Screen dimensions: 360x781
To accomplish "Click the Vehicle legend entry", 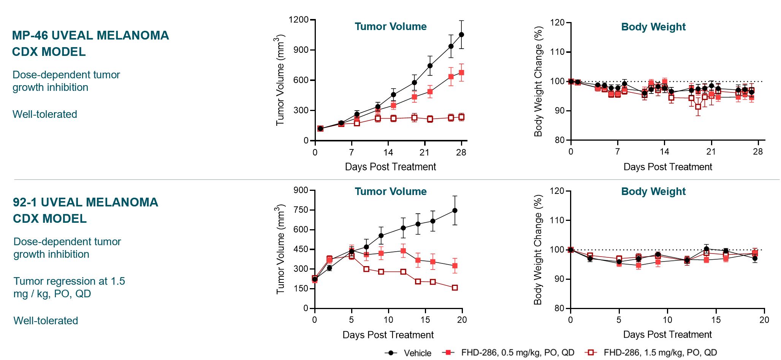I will pos(417,353).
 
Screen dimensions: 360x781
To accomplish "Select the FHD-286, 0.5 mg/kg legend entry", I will pos(517,352).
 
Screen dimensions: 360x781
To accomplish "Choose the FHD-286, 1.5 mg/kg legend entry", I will pos(660,352).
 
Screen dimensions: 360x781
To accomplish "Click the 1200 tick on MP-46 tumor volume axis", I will pos(298,20).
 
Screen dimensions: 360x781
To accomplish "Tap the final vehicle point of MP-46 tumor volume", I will pos(461,35).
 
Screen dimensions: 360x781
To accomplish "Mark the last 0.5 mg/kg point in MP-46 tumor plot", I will pos(461,73).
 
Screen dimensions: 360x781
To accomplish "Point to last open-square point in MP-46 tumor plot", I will pos(461,117).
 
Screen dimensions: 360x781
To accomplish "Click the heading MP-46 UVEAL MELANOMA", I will pos(90,35).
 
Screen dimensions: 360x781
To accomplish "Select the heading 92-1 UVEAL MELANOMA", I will pos(86,202).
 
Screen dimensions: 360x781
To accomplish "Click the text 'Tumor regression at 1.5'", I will pos(69,281).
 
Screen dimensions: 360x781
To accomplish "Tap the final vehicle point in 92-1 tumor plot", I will pos(455,211).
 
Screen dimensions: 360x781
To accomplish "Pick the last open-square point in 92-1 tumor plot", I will pos(455,288).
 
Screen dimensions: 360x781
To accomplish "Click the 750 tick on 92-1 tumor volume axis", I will pos(301,210).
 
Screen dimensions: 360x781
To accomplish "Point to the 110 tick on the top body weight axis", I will pos(558,52).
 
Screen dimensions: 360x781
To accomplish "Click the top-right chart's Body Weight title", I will pos(653,27).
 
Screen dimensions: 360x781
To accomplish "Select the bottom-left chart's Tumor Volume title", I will pos(391,192).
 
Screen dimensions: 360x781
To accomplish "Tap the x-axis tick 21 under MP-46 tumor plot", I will pos(425,152).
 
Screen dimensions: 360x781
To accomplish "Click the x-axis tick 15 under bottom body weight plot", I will pos(716,320).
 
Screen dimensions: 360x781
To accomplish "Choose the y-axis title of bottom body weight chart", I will pos(538,250).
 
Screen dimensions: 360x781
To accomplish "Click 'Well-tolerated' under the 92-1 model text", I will pos(46,320).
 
